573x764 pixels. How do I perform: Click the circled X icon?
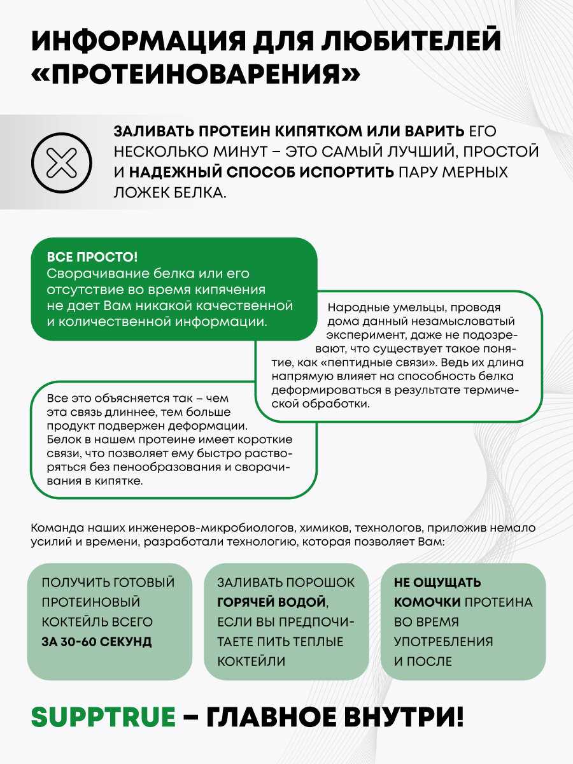tap(62, 162)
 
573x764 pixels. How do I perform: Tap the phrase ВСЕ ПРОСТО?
tap(92, 257)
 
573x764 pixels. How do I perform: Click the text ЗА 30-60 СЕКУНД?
tap(97, 641)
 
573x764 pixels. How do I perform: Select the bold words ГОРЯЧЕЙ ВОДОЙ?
tap(272, 602)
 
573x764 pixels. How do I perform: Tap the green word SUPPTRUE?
tap(103, 717)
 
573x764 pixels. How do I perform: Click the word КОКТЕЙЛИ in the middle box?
tap(251, 661)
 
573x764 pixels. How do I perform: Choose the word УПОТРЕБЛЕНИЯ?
tap(443, 641)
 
